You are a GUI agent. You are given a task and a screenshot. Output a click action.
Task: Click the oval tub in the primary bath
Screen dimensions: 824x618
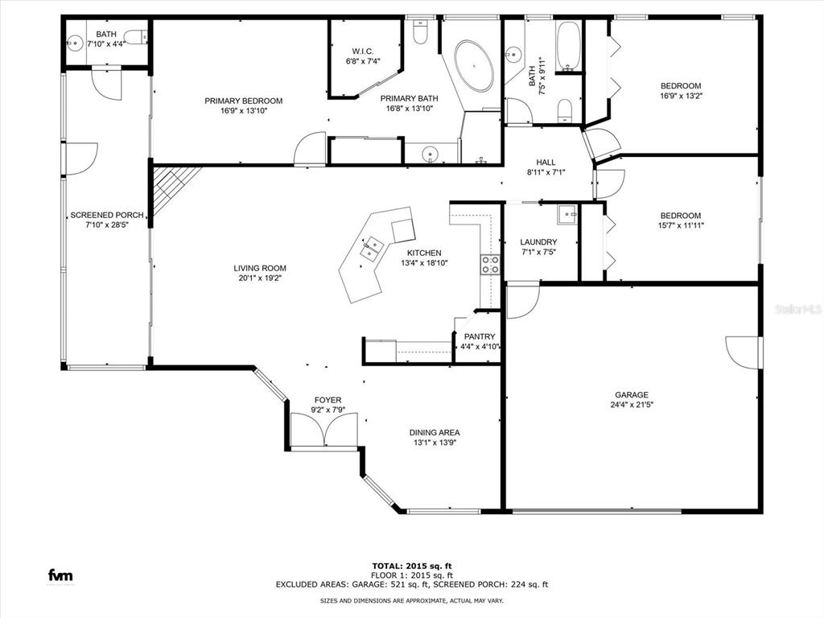474,65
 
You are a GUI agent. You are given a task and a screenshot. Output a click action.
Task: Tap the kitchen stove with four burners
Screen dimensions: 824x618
489,265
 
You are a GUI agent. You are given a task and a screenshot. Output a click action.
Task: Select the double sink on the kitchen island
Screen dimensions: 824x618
373,249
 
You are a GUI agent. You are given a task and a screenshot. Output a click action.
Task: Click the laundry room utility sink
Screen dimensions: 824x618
566,213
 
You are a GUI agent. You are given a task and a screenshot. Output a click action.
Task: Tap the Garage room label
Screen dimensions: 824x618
632,394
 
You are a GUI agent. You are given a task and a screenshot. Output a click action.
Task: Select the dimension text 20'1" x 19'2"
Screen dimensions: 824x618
260,278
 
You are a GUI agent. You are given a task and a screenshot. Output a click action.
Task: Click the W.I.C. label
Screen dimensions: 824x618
363,51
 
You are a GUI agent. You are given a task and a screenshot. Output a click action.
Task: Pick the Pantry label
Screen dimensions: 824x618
480,337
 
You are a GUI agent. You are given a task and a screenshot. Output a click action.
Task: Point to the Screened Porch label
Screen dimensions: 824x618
107,215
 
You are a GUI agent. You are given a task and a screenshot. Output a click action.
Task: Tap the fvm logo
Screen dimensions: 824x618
60,575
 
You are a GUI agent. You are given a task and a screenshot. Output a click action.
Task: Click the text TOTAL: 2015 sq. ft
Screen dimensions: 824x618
412,566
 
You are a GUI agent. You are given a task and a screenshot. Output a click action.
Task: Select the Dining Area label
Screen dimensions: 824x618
435,432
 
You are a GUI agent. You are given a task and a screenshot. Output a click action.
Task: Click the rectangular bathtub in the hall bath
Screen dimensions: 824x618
568,46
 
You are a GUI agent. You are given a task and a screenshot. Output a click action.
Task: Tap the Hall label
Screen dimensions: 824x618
546,163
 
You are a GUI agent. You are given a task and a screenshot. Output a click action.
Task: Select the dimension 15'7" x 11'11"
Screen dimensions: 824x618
681,225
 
